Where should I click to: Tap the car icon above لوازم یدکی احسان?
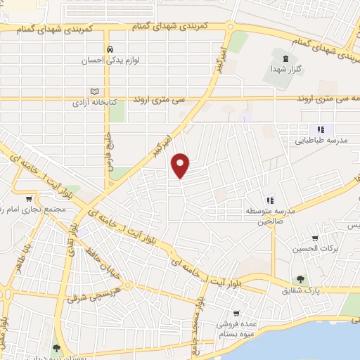[x=110, y=49]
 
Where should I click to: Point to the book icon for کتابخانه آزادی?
[x=94, y=91]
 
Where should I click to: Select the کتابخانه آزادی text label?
[x=94, y=103]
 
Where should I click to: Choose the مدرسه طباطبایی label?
[x=320, y=140]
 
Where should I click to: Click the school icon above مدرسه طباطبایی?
[x=320, y=129]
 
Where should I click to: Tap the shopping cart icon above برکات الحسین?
[x=314, y=238]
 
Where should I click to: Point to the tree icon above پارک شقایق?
[x=301, y=279]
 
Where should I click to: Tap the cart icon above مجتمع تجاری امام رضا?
[x=28, y=199]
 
